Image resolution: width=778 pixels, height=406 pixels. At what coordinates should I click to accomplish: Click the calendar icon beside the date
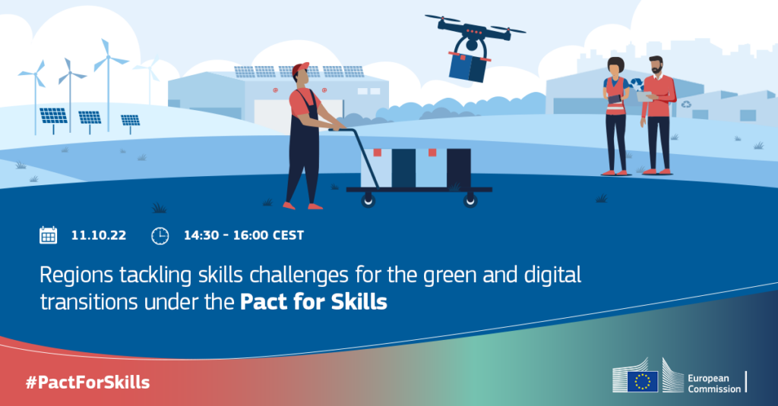(x=48, y=235)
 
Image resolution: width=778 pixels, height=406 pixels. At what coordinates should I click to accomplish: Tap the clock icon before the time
(x=160, y=235)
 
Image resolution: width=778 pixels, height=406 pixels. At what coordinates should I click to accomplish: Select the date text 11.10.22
(x=99, y=235)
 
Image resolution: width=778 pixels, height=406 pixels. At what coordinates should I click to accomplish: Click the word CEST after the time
(x=288, y=235)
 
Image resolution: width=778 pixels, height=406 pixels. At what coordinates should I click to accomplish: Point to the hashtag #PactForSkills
(x=88, y=382)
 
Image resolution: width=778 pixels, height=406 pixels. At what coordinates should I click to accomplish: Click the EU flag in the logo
(x=643, y=382)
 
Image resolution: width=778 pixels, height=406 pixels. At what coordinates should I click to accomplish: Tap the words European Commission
(x=714, y=383)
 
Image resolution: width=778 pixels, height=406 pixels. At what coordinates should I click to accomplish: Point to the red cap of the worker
(x=300, y=68)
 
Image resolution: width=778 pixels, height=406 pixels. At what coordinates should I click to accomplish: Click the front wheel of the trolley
(x=470, y=200)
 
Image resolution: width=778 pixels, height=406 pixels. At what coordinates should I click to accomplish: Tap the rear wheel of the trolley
(x=368, y=200)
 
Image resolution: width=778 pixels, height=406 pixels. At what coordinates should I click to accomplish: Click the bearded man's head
(x=656, y=65)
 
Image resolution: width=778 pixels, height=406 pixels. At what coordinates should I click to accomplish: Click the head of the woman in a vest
(x=615, y=67)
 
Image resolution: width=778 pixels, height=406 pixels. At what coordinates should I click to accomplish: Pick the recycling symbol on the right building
(x=686, y=105)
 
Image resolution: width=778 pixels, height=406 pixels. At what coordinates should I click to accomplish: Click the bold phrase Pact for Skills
(x=314, y=301)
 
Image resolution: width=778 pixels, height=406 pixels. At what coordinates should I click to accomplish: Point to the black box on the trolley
(x=459, y=168)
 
